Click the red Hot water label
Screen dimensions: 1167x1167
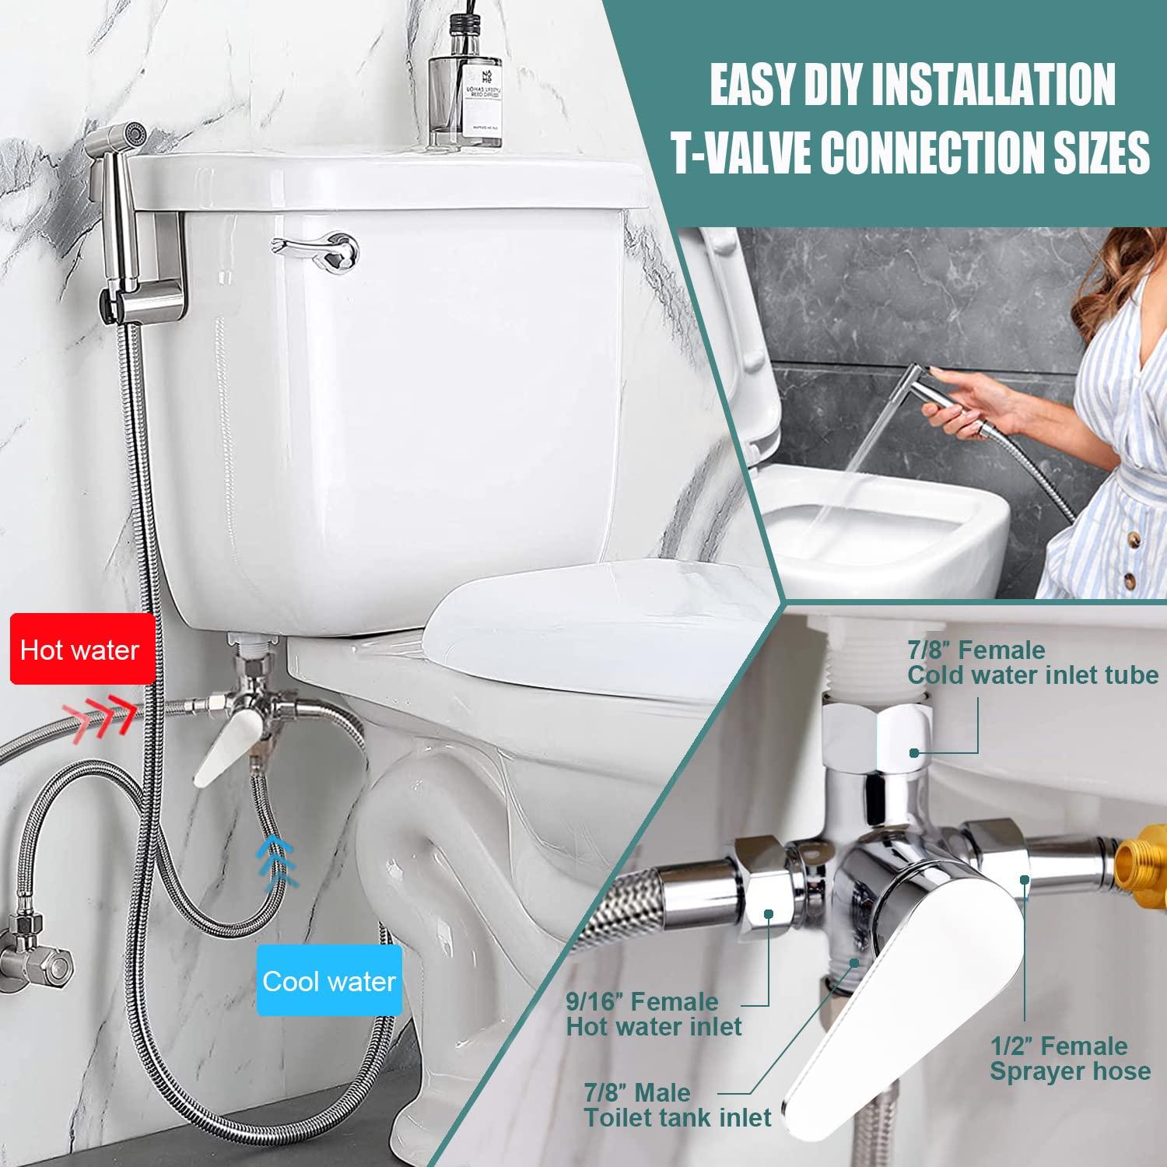(x=79, y=650)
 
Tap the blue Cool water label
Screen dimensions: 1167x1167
(x=328, y=980)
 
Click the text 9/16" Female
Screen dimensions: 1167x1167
(x=641, y=1001)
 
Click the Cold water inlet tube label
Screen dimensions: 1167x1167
(x=1032, y=675)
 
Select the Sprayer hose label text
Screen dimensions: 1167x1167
(x=1070, y=1071)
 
